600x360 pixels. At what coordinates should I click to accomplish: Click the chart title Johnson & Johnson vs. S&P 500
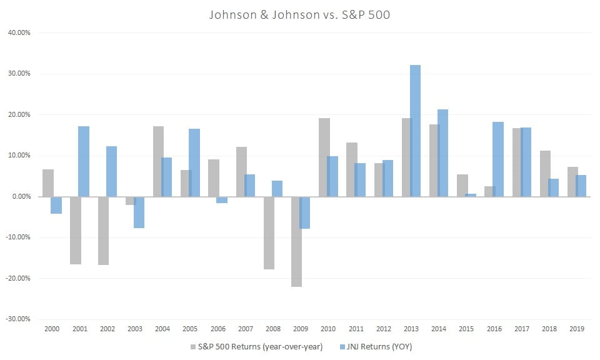[x=300, y=14]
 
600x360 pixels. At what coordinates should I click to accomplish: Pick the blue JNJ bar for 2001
[x=84, y=161]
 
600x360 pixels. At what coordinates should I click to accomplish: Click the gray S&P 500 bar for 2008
[x=269, y=232]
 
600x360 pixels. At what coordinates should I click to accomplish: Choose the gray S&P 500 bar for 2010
[x=324, y=157]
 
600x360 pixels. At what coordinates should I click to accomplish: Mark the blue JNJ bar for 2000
[x=56, y=205]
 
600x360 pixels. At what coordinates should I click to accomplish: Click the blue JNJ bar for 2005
[x=194, y=162]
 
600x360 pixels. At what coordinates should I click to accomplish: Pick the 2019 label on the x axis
[x=576, y=329]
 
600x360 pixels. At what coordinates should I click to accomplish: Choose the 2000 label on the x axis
[x=52, y=329]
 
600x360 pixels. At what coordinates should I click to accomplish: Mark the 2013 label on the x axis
[x=411, y=329]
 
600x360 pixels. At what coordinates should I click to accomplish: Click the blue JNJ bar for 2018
[x=553, y=187]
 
